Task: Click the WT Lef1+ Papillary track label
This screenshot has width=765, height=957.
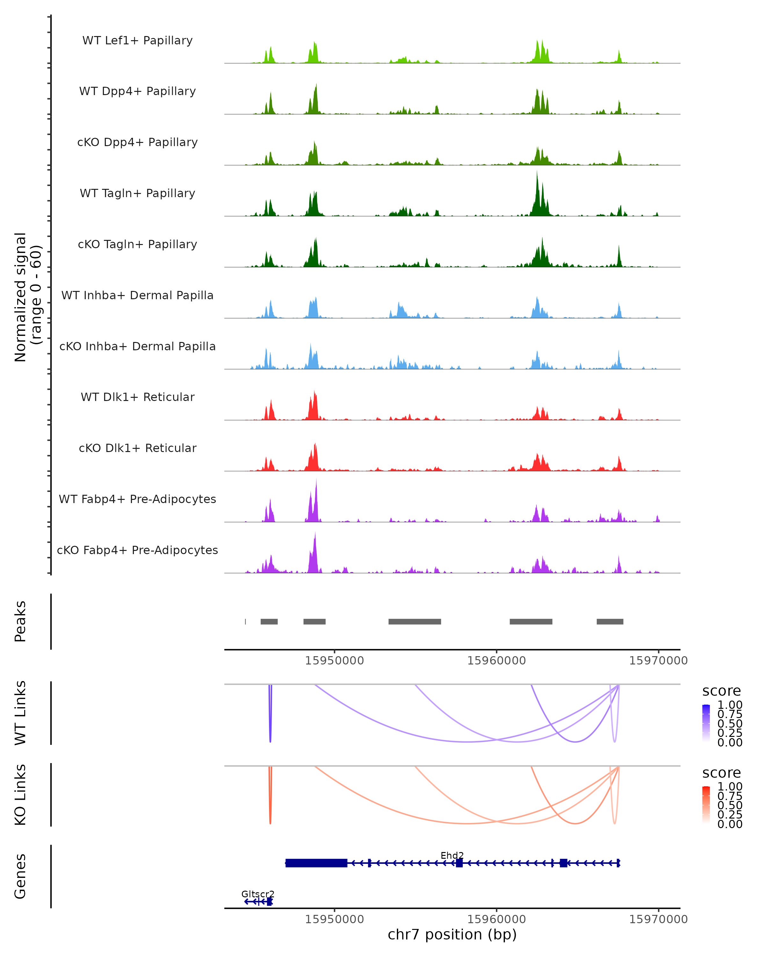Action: pos(137,41)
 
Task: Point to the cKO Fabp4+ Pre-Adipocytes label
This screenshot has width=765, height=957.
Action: pos(137,550)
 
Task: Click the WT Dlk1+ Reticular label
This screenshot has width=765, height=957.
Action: pos(137,397)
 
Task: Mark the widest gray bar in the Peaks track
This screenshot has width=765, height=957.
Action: pos(415,621)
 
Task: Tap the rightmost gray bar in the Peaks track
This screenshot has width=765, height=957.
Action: pos(610,621)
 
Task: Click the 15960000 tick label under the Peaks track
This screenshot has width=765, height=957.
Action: pos(496,661)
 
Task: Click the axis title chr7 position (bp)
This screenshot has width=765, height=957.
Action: pos(452,934)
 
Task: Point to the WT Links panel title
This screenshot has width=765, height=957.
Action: pos(20,713)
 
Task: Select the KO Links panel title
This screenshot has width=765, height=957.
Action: pos(20,795)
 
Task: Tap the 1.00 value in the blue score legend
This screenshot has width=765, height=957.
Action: pos(730,705)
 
